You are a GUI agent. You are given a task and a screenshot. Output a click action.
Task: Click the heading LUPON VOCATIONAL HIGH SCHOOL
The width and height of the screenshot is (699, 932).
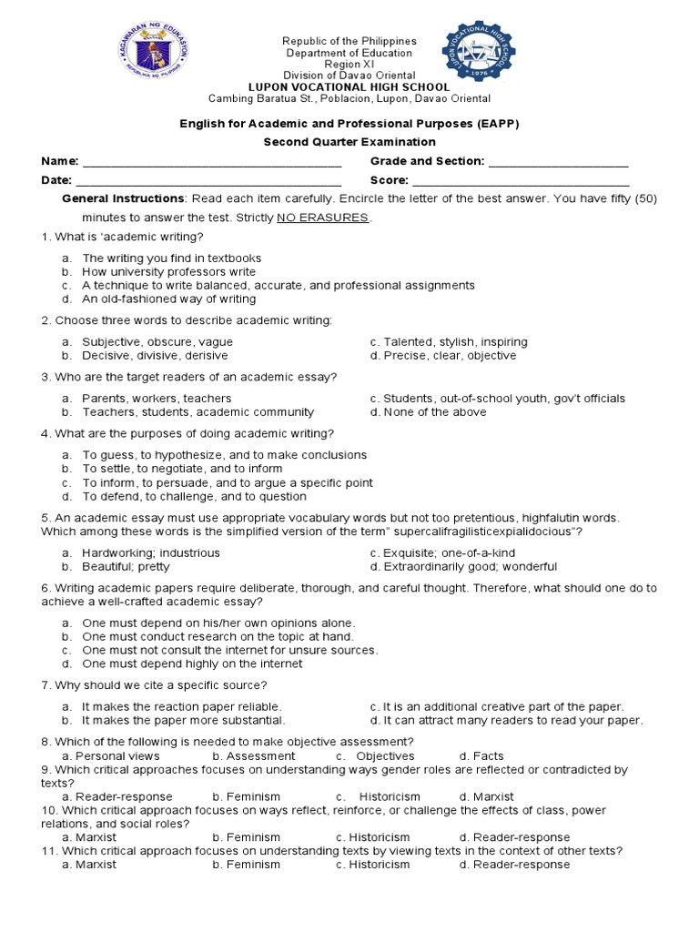(349, 87)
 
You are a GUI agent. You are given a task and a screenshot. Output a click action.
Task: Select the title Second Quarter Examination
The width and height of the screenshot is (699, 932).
(349, 142)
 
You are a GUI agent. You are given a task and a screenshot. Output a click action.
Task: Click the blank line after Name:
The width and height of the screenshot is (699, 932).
(211, 162)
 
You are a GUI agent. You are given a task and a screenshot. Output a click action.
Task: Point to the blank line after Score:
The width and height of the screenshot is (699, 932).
(521, 181)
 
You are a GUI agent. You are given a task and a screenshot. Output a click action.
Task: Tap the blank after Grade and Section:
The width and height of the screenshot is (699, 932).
(558, 162)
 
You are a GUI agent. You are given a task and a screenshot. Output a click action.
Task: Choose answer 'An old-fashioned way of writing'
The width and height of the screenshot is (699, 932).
(168, 299)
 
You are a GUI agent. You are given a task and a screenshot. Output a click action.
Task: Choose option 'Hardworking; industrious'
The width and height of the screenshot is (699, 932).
(150, 553)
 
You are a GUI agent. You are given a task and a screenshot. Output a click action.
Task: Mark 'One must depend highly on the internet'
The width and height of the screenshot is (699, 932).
(192, 664)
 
